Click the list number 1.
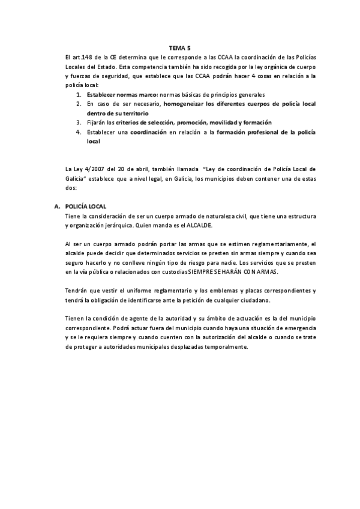tap(79, 95)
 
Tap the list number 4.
tap(79, 131)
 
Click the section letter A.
tap(57, 206)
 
